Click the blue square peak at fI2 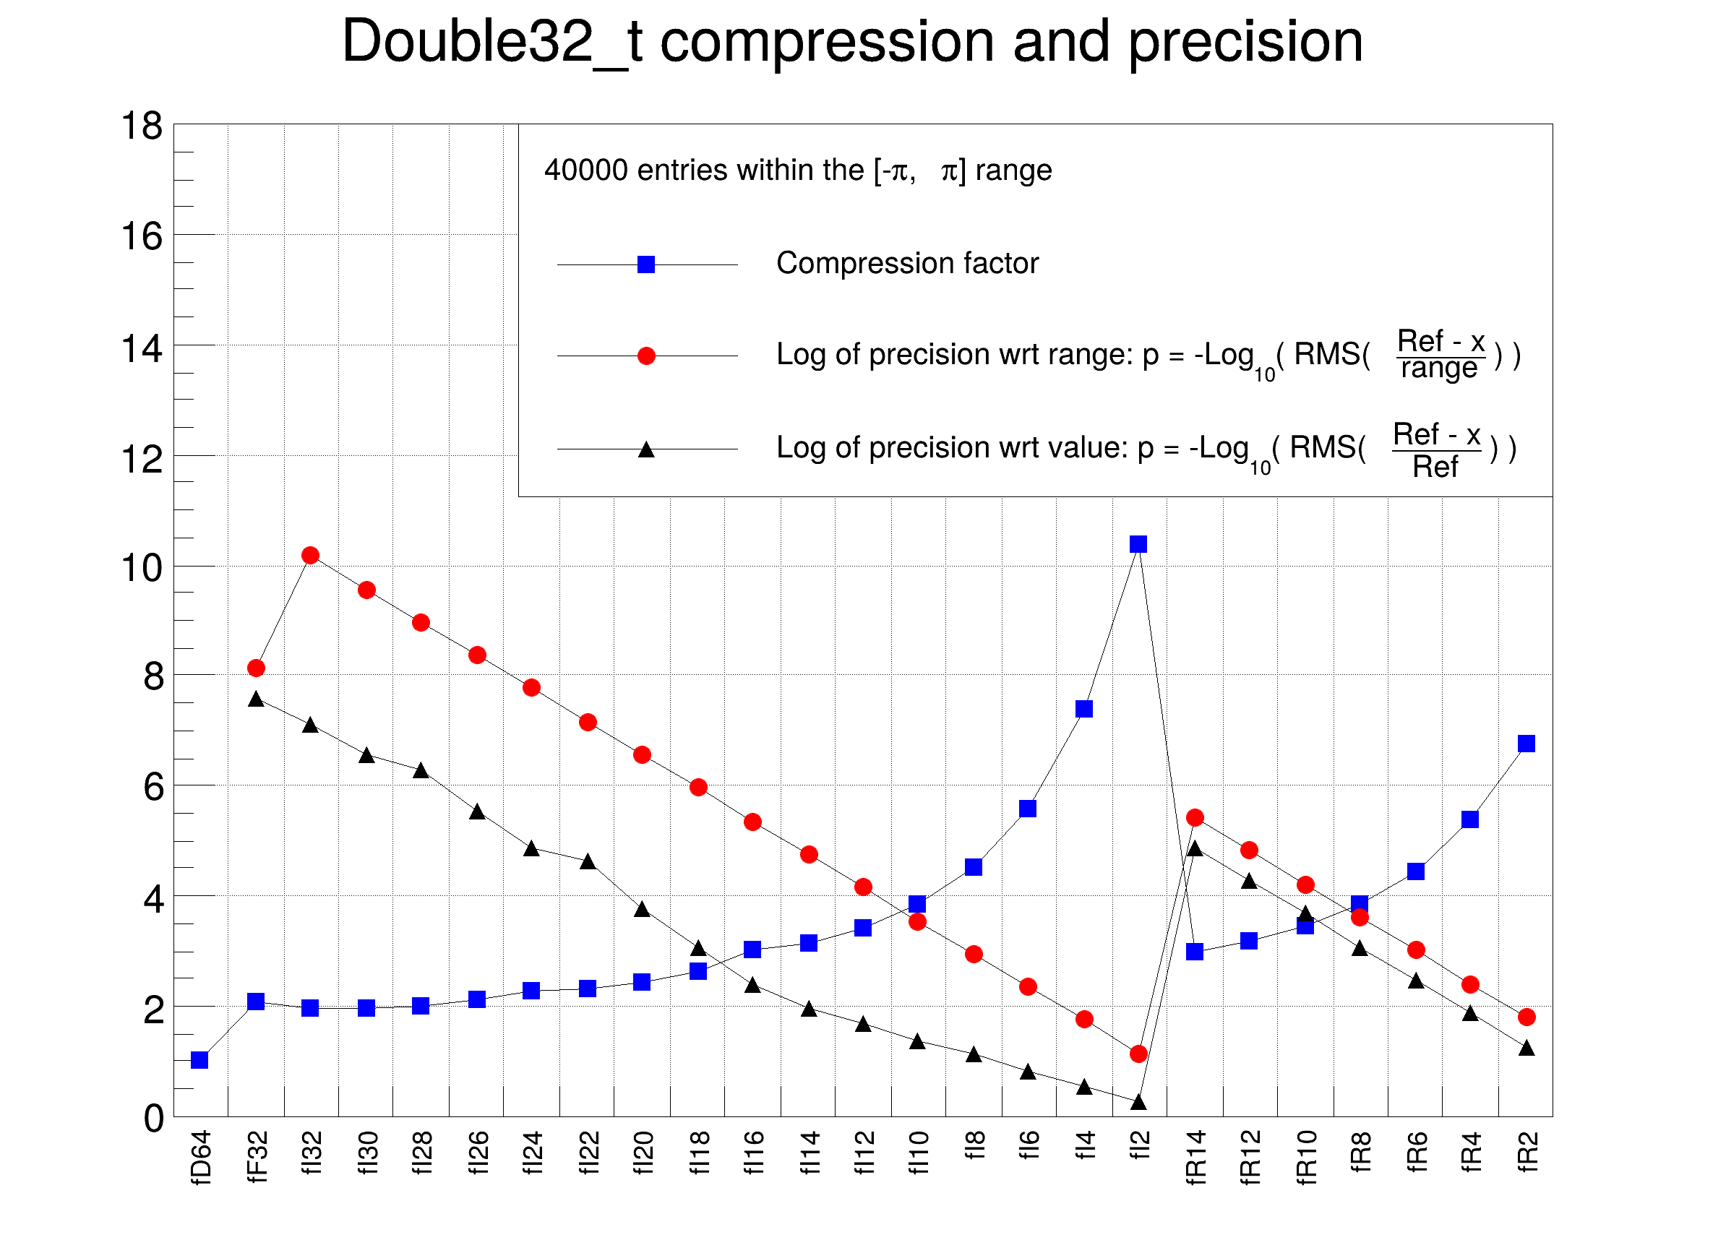point(1138,544)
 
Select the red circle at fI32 point(310,556)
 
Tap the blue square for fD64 point(199,1059)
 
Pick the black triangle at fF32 point(257,699)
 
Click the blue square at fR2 point(1526,744)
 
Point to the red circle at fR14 point(1195,818)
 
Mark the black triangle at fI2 point(1138,1101)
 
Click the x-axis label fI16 point(753,1153)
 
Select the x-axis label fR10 point(1306,1157)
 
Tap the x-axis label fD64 point(200,1157)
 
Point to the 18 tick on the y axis point(142,126)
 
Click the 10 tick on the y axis point(142,567)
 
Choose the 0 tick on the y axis point(154,1119)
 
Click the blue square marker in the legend point(646,264)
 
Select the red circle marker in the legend point(646,356)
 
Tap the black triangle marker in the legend point(646,449)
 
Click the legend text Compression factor point(907,263)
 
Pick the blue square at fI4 point(1083,708)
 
